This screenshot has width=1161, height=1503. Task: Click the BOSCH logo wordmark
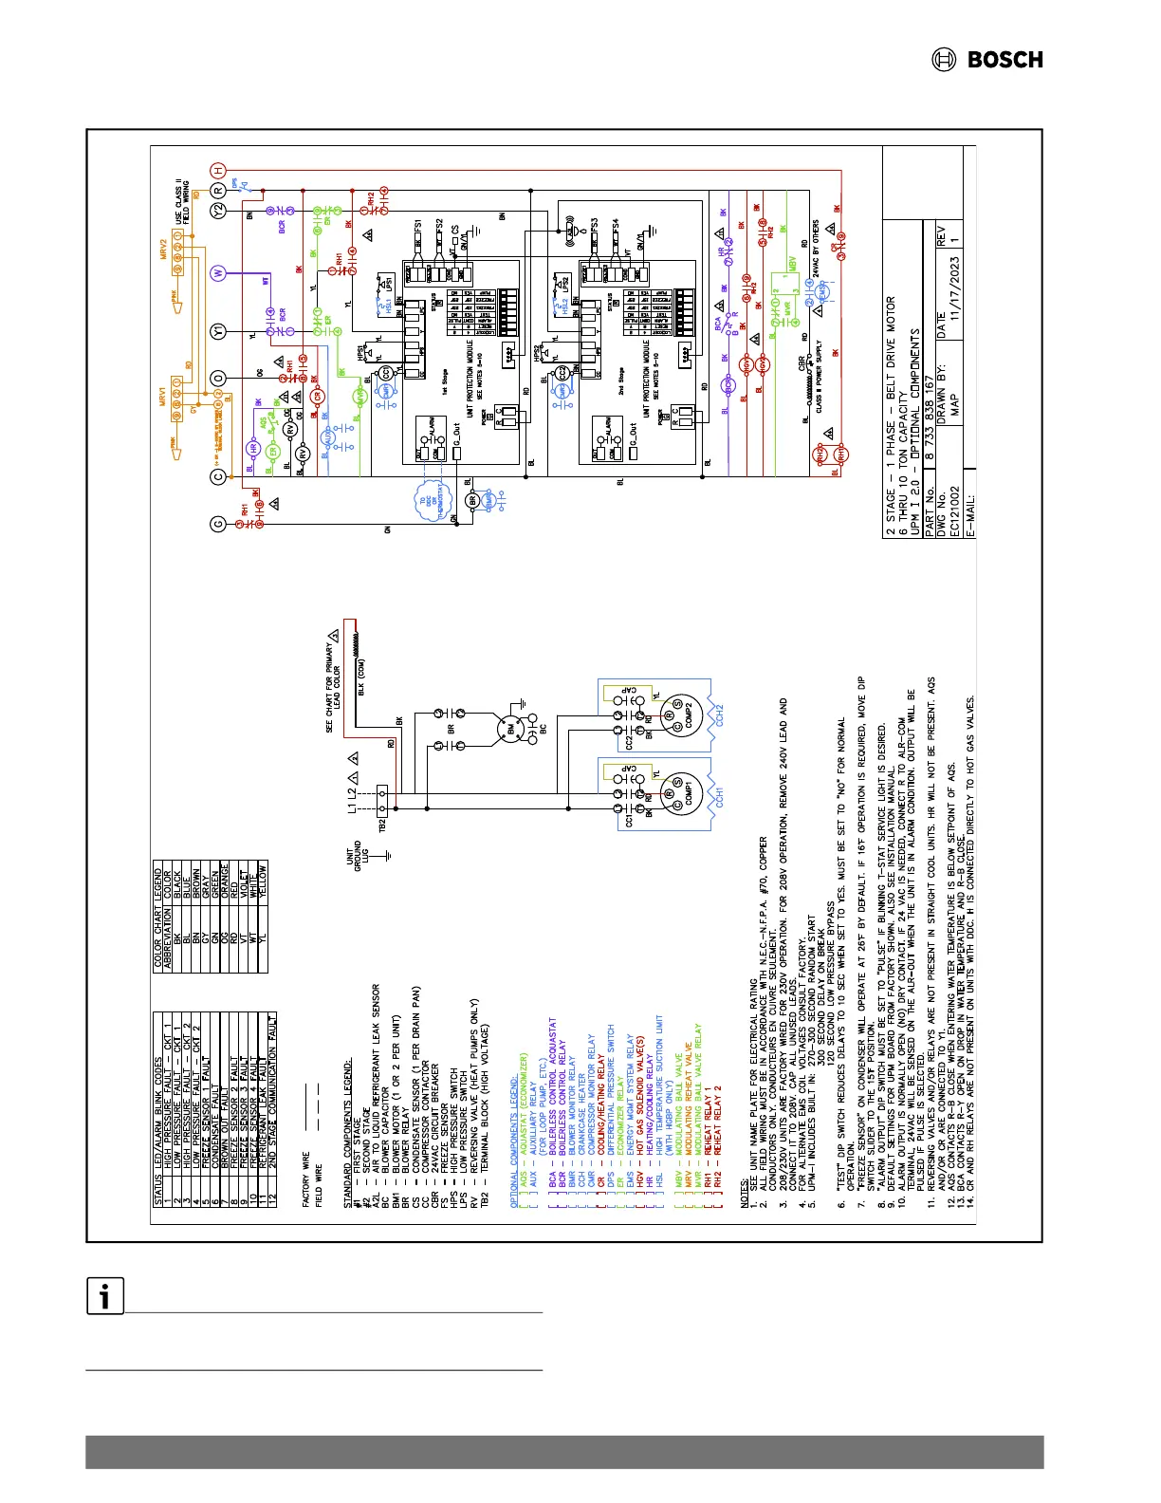tap(1004, 60)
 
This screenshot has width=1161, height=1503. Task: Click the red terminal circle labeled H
tap(218, 170)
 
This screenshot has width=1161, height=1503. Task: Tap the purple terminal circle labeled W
tap(218, 273)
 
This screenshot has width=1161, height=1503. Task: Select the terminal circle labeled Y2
tap(218, 211)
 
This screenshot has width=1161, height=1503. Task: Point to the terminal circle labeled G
tap(218, 523)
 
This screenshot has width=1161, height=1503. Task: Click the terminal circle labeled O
tap(218, 379)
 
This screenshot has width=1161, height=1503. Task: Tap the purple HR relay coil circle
tap(253, 448)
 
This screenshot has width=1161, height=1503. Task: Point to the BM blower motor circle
tap(513, 730)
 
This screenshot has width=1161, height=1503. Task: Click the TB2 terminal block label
tap(382, 826)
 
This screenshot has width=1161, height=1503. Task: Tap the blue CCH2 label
tap(720, 714)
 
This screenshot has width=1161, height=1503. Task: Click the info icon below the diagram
tap(104, 1296)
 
